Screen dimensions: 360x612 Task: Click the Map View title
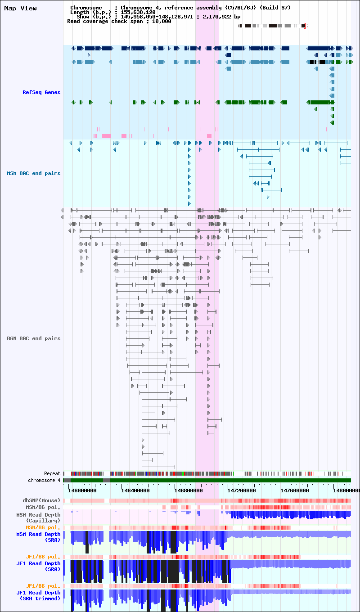[21, 9]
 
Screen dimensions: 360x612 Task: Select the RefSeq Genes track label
[41, 92]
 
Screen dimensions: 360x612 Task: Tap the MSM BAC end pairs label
[34, 173]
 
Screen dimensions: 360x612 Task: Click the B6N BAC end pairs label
[34, 338]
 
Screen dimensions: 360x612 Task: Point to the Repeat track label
[52, 473]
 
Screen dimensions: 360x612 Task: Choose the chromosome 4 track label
[44, 480]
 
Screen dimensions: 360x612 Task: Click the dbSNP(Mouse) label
[41, 500]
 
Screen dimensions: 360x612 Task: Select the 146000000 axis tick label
[82, 490]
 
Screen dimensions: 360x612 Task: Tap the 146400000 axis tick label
[135, 490]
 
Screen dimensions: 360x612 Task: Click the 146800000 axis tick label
[189, 490]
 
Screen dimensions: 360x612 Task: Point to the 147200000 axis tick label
[242, 490]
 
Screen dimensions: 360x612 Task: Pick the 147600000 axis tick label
[295, 490]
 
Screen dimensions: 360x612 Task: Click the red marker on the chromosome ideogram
[305, 26]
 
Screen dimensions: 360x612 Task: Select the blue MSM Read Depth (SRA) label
[38, 537]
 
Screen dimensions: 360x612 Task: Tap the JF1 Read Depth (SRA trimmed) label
[38, 595]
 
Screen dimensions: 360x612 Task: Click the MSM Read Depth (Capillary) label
[38, 518]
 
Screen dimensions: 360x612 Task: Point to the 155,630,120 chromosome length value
[138, 12]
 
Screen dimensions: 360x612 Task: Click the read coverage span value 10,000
[162, 21]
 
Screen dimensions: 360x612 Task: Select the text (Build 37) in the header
[275, 8]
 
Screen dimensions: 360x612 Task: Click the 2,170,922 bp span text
[221, 17]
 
